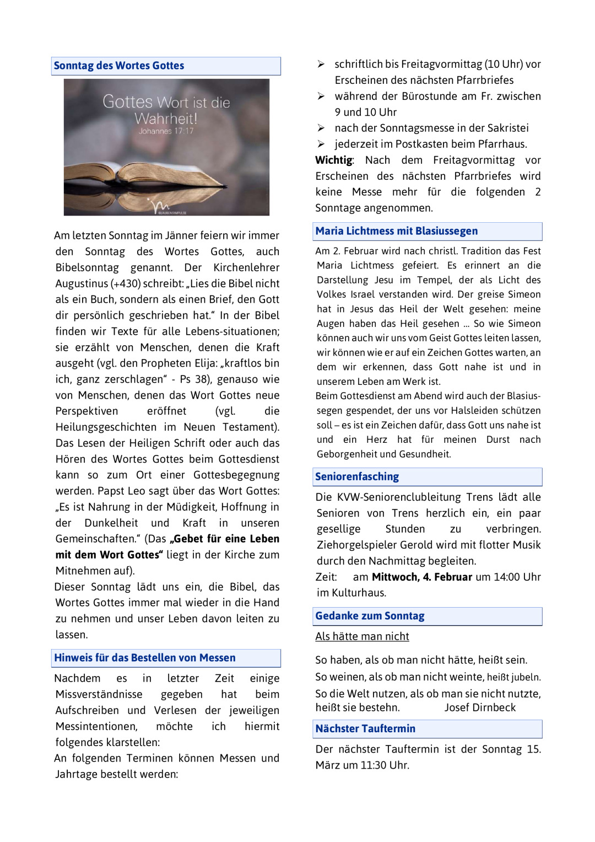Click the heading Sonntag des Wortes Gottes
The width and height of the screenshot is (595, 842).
pyautogui.click(x=119, y=66)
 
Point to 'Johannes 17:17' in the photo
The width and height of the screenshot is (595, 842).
pyautogui.click(x=166, y=131)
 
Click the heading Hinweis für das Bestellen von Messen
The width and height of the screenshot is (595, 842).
pyautogui.click(x=145, y=658)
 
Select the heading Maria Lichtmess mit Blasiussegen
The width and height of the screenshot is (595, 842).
pyautogui.click(x=396, y=231)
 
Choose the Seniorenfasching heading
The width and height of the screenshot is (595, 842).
pyautogui.click(x=357, y=476)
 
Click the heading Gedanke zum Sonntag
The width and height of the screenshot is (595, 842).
pyautogui.click(x=370, y=616)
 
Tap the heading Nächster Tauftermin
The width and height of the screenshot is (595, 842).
pyautogui.click(x=365, y=728)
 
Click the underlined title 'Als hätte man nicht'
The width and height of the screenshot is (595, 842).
pyautogui.click(x=362, y=636)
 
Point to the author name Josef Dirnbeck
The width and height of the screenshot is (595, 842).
pyautogui.click(x=480, y=707)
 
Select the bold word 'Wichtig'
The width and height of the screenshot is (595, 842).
pyautogui.click(x=334, y=160)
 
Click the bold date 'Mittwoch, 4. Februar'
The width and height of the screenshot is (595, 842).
pyautogui.click(x=422, y=577)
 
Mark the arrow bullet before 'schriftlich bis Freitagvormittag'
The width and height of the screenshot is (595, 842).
pyautogui.click(x=321, y=65)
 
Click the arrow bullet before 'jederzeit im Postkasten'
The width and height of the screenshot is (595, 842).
pyautogui.click(x=321, y=144)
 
